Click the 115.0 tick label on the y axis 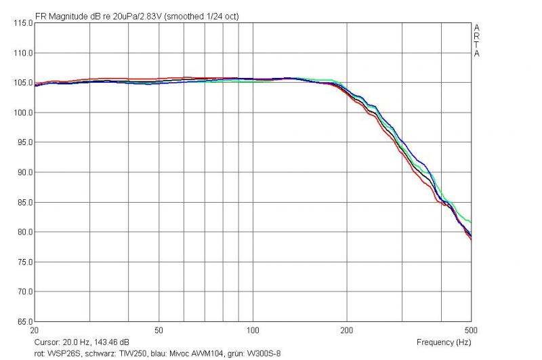pos(23,23)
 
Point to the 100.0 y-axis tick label pos(23,113)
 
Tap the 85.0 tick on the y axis pos(25,202)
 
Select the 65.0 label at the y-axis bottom pos(25,321)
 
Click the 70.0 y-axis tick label pos(25,292)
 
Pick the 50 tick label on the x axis pos(159,330)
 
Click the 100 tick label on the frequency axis pos(253,330)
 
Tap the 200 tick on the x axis pos(347,330)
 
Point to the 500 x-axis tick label pos(471,330)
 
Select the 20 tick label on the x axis pos(35,330)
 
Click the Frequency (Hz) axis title pos(444,342)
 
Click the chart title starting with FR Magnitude pos(137,16)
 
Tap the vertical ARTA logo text pos(477,41)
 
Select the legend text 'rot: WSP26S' pos(58,354)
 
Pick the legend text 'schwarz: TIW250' pos(115,354)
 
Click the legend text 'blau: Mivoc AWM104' pos(187,354)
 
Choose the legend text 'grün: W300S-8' pos(254,354)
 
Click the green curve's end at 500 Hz pos(471,222)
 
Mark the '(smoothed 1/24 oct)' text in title pos(201,16)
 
